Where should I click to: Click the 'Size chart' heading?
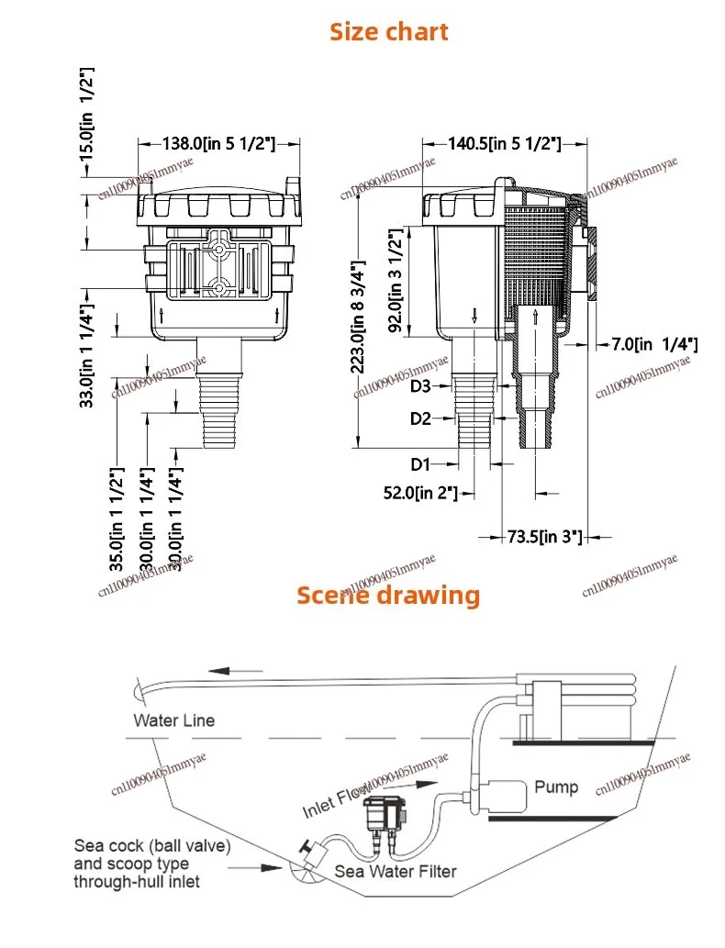click(389, 32)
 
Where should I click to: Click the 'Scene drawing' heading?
click(387, 595)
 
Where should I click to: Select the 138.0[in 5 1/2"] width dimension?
click(219, 143)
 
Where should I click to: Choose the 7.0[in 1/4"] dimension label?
click(654, 344)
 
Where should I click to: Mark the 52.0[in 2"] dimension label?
click(421, 493)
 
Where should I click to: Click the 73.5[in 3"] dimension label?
click(545, 536)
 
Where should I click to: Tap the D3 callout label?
click(420, 386)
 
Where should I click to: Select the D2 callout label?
click(420, 418)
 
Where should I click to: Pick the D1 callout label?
click(420, 463)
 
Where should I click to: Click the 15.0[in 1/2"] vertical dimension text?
click(87, 115)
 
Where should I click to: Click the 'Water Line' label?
click(173, 720)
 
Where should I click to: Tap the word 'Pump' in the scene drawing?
click(556, 786)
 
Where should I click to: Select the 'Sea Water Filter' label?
click(395, 871)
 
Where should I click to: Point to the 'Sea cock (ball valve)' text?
click(152, 845)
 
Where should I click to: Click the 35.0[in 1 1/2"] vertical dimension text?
click(117, 519)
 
